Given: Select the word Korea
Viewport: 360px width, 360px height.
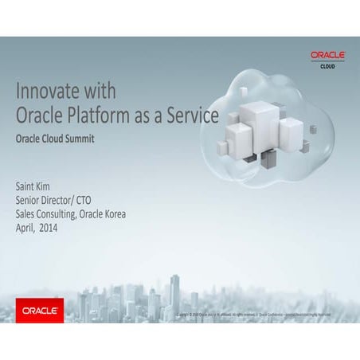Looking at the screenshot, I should coord(112,213).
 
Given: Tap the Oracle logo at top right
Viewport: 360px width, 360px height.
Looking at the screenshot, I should coord(327,55).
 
